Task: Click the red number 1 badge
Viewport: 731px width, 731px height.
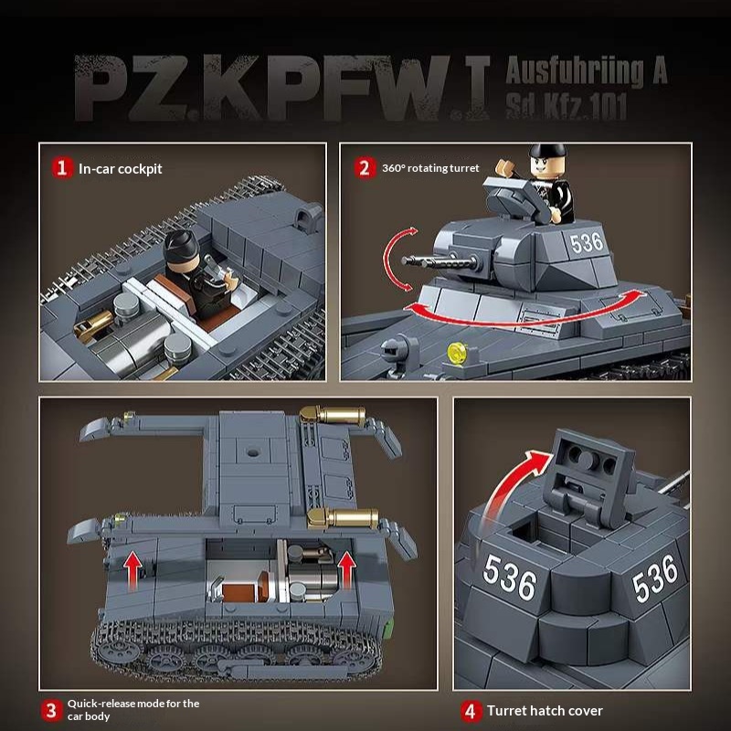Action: (61, 168)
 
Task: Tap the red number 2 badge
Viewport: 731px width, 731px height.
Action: (365, 168)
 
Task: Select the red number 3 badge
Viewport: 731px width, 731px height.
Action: (51, 710)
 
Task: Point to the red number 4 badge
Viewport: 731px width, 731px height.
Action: (471, 711)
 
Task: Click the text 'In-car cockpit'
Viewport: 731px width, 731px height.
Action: (121, 168)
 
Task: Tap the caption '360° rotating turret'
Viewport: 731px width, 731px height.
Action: (430, 168)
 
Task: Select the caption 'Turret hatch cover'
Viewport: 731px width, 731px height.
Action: (545, 711)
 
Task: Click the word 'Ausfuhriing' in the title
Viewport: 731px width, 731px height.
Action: (575, 71)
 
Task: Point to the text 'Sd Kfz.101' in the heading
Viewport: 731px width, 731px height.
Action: (566, 106)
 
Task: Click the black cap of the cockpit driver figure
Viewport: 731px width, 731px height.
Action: (181, 244)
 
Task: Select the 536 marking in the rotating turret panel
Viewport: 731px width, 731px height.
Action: (587, 243)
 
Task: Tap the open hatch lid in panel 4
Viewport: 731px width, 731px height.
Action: (589, 475)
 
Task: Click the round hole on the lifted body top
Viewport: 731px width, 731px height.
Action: (253, 452)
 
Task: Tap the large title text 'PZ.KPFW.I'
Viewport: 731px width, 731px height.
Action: (282, 88)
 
